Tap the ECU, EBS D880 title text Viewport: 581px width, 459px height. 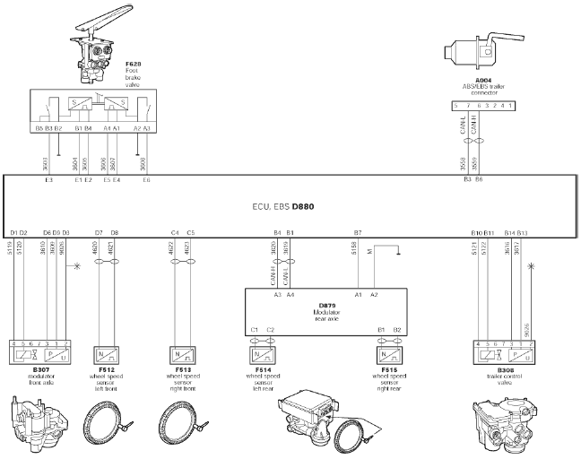(290, 206)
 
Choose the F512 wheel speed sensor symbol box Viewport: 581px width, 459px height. (108, 353)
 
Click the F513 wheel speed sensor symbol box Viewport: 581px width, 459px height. (184, 353)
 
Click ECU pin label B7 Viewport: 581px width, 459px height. (357, 232)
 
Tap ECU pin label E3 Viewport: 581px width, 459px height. (48, 180)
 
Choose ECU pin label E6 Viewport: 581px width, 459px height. (145, 180)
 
